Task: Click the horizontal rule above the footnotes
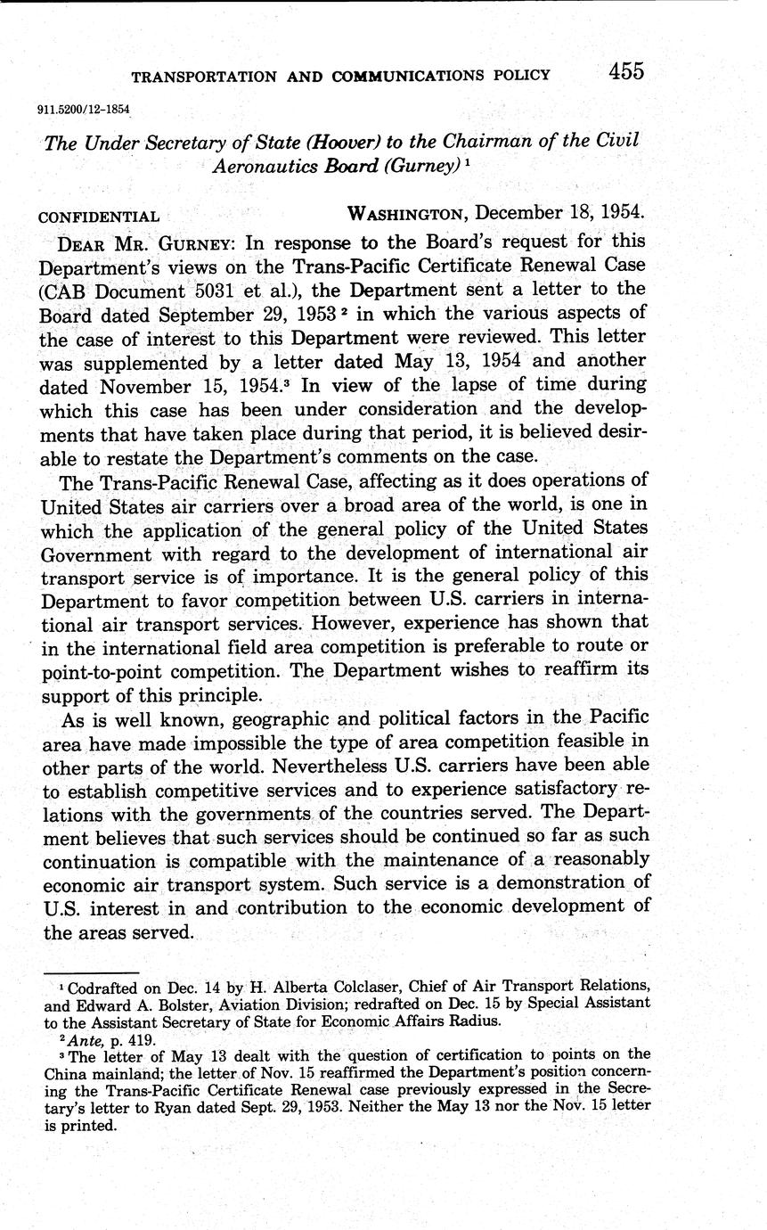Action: pyautogui.click(x=91, y=972)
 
